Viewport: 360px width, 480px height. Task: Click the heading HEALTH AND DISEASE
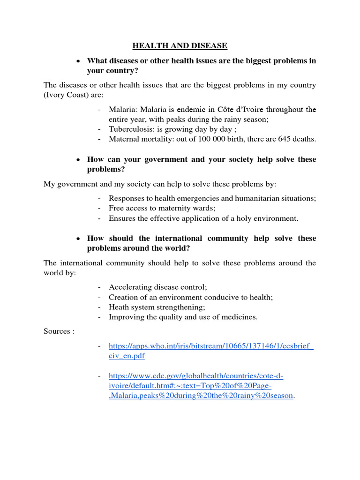tap(180, 45)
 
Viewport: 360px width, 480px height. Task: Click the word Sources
tap(56, 331)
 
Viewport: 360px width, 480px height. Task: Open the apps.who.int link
tap(211, 346)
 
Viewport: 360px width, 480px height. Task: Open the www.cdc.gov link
tap(196, 376)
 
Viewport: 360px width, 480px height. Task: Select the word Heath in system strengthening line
tap(119, 307)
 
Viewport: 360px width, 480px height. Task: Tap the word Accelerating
tap(131, 287)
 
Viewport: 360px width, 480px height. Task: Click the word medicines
tap(240, 317)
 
